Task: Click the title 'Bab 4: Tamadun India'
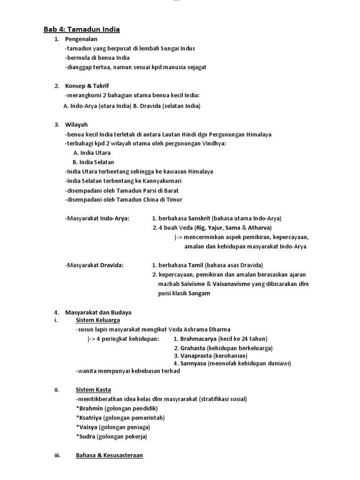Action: click(82, 30)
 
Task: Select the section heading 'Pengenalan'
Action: click(81, 39)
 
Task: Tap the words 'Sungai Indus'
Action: click(178, 48)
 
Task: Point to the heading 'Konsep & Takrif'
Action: click(87, 86)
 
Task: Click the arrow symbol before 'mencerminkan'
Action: click(177, 237)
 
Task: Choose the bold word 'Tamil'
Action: click(196, 265)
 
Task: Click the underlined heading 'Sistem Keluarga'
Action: click(97, 320)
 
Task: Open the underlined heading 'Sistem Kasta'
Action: click(93, 390)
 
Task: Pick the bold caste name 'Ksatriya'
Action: click(90, 418)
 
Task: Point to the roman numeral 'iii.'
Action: click(58, 455)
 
